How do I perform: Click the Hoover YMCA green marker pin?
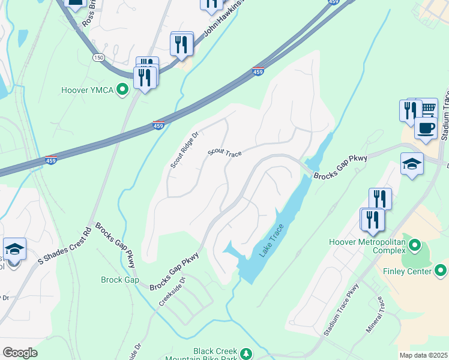point(123,91)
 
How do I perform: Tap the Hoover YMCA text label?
point(88,91)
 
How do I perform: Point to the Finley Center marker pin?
point(440,271)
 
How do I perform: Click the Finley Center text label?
point(407,272)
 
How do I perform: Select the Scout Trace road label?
point(224,154)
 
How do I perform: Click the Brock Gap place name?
point(120,280)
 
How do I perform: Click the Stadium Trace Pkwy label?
point(340,314)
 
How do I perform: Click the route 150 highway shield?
point(97,57)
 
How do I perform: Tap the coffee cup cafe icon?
point(426,128)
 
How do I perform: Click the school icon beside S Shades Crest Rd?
point(14,249)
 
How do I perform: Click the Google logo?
point(20,353)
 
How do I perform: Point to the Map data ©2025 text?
point(423,355)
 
